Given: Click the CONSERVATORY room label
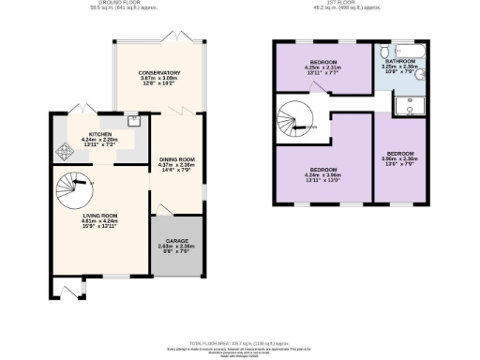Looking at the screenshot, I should coord(158,73).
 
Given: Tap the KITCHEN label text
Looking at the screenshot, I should coord(99,135).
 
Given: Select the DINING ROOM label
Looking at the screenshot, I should coord(176,161).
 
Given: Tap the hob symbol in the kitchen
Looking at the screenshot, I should coord(65,151).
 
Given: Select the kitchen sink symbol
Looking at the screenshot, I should coord(134,120).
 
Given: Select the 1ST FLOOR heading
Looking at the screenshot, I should coord(347,6).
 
